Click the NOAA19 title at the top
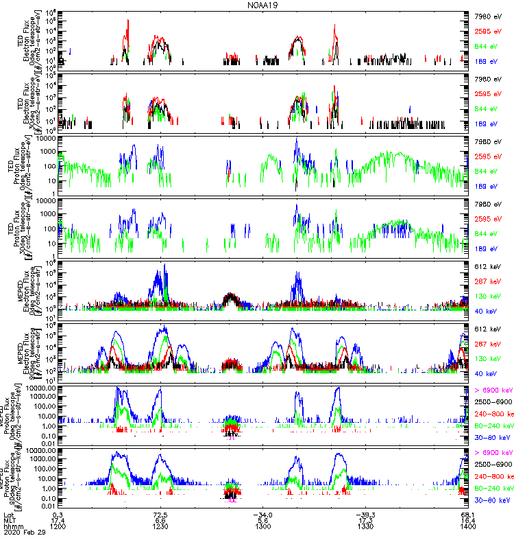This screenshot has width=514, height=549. tap(264, 5)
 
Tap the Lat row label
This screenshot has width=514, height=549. tap(8, 515)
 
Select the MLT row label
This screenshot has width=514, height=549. tap(9, 522)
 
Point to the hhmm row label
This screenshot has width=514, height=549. tap(12, 528)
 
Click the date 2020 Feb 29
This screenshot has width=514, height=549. tap(22, 535)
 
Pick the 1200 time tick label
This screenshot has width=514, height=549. tap(59, 528)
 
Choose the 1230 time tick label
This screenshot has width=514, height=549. tap(160, 528)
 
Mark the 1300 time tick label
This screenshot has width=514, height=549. tap(262, 528)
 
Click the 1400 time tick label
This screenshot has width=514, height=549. tap(468, 528)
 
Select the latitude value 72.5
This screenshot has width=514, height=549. tap(160, 515)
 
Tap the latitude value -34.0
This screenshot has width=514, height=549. tap(262, 515)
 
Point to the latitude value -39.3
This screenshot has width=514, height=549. tap(365, 515)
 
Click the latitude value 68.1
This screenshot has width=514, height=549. tap(468, 515)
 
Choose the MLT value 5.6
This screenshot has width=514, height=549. tap(262, 522)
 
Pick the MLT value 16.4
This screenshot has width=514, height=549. tap(468, 522)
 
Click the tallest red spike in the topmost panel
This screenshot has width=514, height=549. tap(128, 22)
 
